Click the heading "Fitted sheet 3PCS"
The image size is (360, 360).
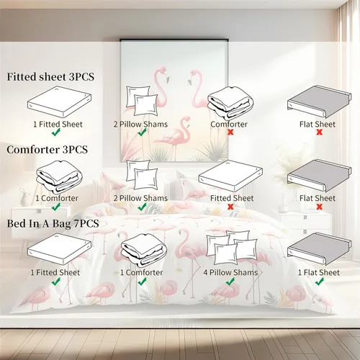50,77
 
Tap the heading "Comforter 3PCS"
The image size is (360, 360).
48,150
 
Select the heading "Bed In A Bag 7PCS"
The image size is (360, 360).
53,224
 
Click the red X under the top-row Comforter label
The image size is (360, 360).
230,132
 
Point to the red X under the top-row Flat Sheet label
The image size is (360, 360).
319,132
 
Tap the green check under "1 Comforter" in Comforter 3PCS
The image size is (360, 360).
56,207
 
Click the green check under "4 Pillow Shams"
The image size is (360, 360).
230,282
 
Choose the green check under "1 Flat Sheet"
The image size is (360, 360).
320,282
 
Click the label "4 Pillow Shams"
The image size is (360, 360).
230,272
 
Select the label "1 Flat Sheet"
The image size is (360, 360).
319,272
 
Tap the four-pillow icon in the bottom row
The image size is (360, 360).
232,248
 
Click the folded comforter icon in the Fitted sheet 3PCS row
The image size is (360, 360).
230,104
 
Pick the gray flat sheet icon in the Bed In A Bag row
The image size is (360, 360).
320,250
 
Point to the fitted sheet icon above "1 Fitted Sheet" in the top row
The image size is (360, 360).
59,102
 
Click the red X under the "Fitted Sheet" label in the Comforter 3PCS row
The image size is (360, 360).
230,207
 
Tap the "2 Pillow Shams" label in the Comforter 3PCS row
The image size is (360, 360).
140,198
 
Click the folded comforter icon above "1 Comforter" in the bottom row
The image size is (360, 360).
143,251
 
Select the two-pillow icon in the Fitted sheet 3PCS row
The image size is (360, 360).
142,101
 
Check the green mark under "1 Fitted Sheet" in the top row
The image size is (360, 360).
56,132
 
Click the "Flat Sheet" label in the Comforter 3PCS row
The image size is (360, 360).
318,198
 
